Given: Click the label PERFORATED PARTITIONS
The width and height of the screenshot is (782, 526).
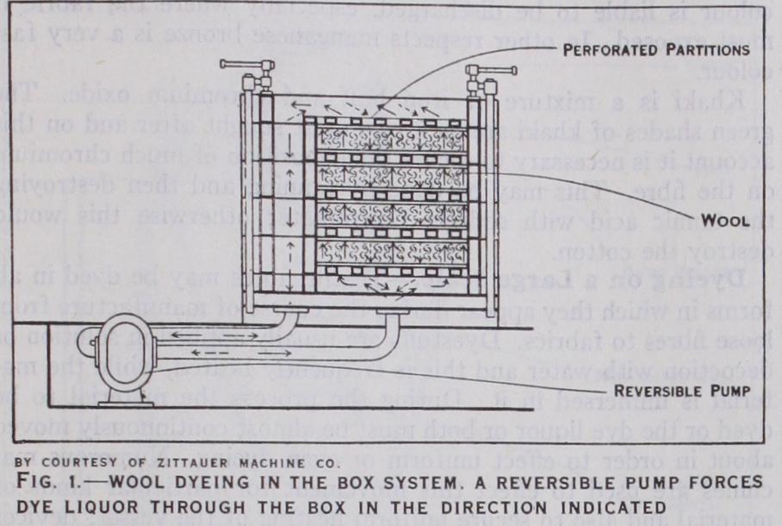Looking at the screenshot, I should pyautogui.click(x=662, y=50).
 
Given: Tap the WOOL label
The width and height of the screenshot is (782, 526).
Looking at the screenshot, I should pyautogui.click(x=724, y=220).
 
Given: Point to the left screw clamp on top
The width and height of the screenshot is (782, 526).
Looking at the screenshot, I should pyautogui.click(x=246, y=69).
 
